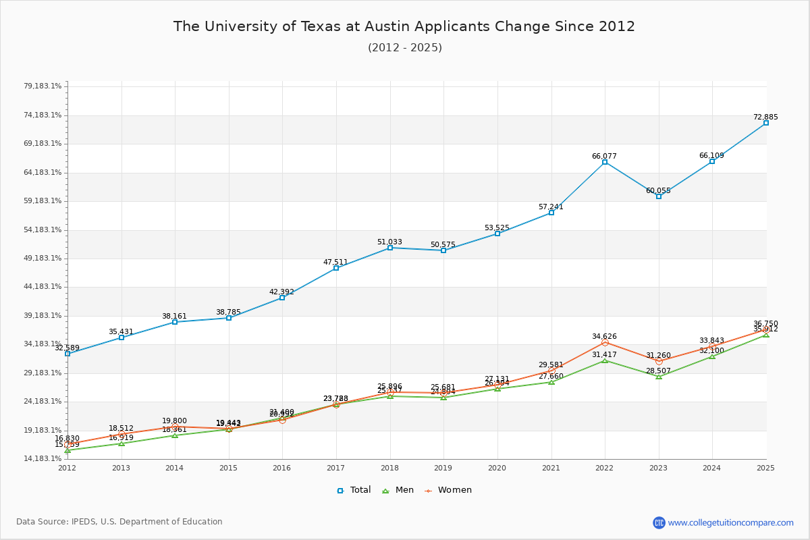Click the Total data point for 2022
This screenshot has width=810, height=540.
605,162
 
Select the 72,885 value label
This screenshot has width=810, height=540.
765,117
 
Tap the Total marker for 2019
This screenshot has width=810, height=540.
443,250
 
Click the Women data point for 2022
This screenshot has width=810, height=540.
605,343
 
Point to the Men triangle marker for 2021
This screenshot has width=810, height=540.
551,382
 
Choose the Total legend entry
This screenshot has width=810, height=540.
354,490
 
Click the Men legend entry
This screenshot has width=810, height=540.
400,490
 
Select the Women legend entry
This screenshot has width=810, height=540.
448,490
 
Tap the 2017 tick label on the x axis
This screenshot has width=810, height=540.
335,467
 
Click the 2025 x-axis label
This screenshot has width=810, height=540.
765,467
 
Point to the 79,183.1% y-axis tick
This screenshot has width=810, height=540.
43,86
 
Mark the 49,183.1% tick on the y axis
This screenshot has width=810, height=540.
43,259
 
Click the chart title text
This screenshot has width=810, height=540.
404,26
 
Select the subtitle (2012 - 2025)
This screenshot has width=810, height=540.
404,47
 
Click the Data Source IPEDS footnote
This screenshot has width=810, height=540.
119,522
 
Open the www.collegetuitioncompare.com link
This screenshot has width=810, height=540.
730,522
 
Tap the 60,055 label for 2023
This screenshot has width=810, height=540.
658,190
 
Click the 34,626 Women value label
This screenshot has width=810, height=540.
604,336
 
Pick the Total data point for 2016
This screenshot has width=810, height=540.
282,298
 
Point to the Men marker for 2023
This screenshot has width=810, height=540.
659,376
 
